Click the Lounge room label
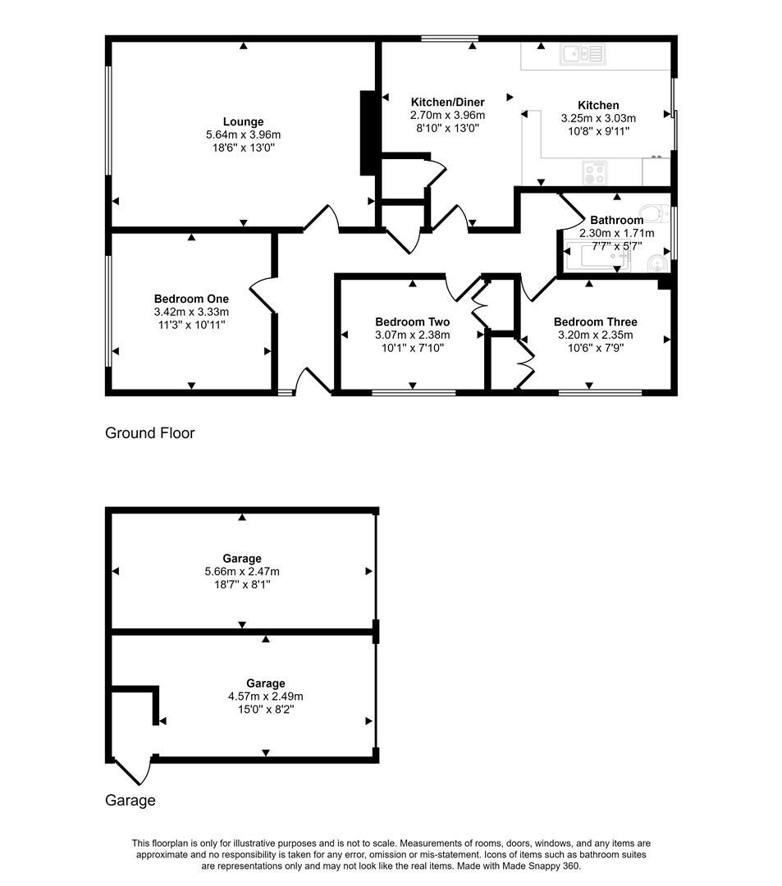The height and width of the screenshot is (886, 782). coord(243,122)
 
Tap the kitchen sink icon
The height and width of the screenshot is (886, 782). coord(582,54)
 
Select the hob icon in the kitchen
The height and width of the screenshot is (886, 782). coord(593,172)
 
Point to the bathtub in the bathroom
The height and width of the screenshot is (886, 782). coord(596,261)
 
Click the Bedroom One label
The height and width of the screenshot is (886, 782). coord(191,299)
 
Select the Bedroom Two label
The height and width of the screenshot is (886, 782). coord(412,322)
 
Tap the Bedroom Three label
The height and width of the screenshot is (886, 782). coord(595,322)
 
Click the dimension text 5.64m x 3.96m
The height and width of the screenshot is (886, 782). coord(243,135)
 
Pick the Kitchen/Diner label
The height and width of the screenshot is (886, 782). coord(447,103)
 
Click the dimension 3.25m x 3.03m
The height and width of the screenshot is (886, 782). coord(598,118)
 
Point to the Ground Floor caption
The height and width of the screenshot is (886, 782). coord(150,433)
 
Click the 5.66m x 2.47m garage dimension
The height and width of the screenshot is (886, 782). coord(242,572)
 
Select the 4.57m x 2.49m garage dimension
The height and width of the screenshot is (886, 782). coord(265,696)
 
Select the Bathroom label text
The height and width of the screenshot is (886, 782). coord(616,220)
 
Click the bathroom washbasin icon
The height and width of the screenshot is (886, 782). coord(656,263)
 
